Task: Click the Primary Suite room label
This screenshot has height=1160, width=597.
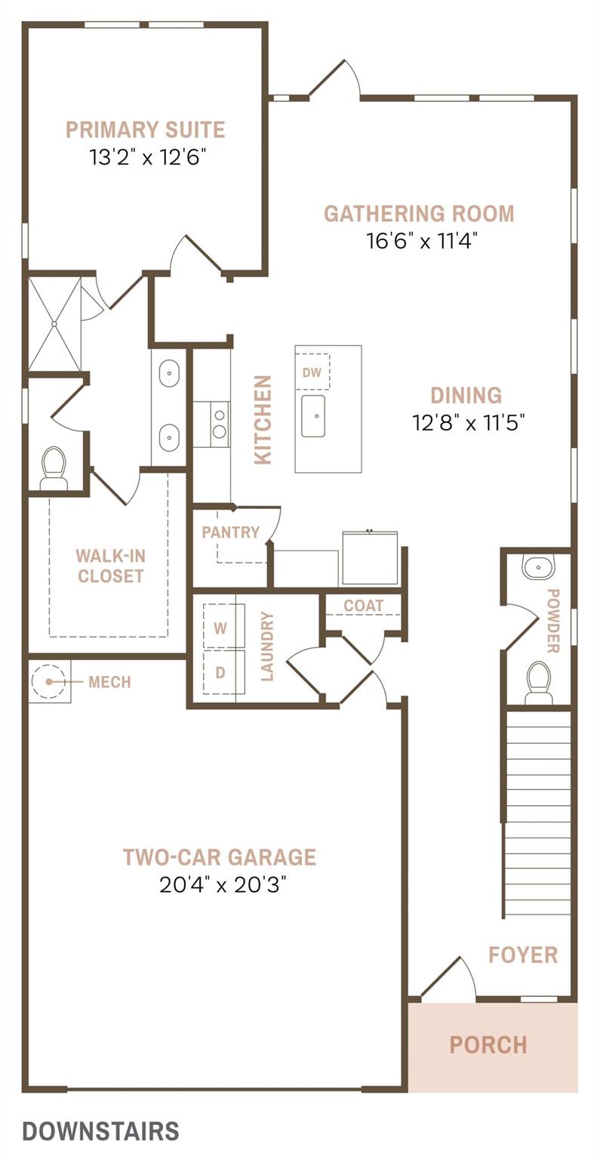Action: (146, 129)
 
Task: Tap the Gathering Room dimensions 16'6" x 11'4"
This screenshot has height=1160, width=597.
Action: (422, 241)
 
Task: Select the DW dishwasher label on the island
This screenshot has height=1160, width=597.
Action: (312, 372)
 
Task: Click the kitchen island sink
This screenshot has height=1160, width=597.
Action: (313, 416)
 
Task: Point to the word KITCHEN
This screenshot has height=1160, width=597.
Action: (263, 419)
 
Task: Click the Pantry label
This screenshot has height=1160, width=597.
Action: (231, 532)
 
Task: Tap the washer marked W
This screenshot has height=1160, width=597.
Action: (220, 628)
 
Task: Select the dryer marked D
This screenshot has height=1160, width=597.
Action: (220, 672)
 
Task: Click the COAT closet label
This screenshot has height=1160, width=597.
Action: (364, 606)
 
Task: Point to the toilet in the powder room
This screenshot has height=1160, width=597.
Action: (537, 683)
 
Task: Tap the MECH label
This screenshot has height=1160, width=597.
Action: (109, 682)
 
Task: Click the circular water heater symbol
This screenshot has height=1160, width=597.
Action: (49, 681)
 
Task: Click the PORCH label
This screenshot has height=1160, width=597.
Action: (488, 1045)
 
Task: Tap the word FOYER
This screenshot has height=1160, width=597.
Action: (523, 955)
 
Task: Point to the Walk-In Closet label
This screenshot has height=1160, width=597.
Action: (110, 566)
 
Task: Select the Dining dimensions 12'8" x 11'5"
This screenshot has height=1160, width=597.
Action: (468, 423)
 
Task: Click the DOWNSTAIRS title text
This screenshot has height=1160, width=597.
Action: (101, 1131)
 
